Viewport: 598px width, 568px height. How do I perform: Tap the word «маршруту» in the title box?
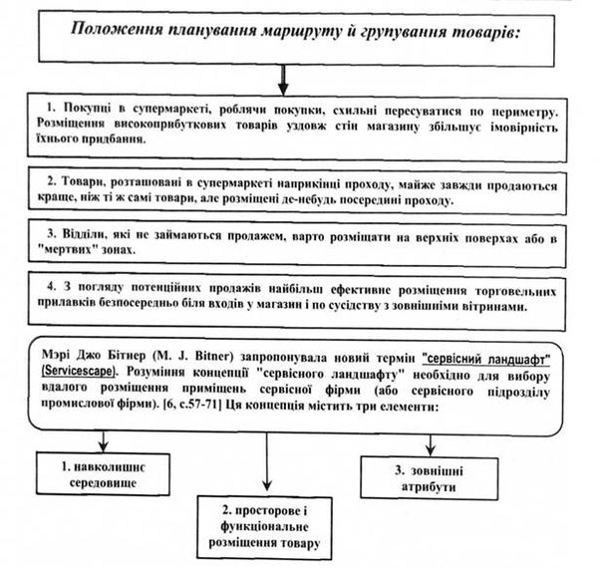(302, 31)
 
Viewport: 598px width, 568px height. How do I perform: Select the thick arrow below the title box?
(283, 80)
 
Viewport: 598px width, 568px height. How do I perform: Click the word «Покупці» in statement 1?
(87, 109)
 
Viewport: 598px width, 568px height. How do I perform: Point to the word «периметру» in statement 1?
(524, 113)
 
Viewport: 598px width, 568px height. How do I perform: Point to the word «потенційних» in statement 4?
(165, 288)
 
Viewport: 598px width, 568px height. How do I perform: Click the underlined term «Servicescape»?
(78, 372)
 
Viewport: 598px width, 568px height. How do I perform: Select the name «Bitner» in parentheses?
(213, 357)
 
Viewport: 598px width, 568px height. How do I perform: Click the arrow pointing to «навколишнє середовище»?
(103, 441)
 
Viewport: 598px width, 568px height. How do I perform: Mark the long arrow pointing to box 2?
(267, 461)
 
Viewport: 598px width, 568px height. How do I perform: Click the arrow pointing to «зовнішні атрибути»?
(431, 445)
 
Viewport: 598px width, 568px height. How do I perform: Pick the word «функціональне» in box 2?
(264, 527)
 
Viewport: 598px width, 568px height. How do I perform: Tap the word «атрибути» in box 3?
(429, 487)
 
